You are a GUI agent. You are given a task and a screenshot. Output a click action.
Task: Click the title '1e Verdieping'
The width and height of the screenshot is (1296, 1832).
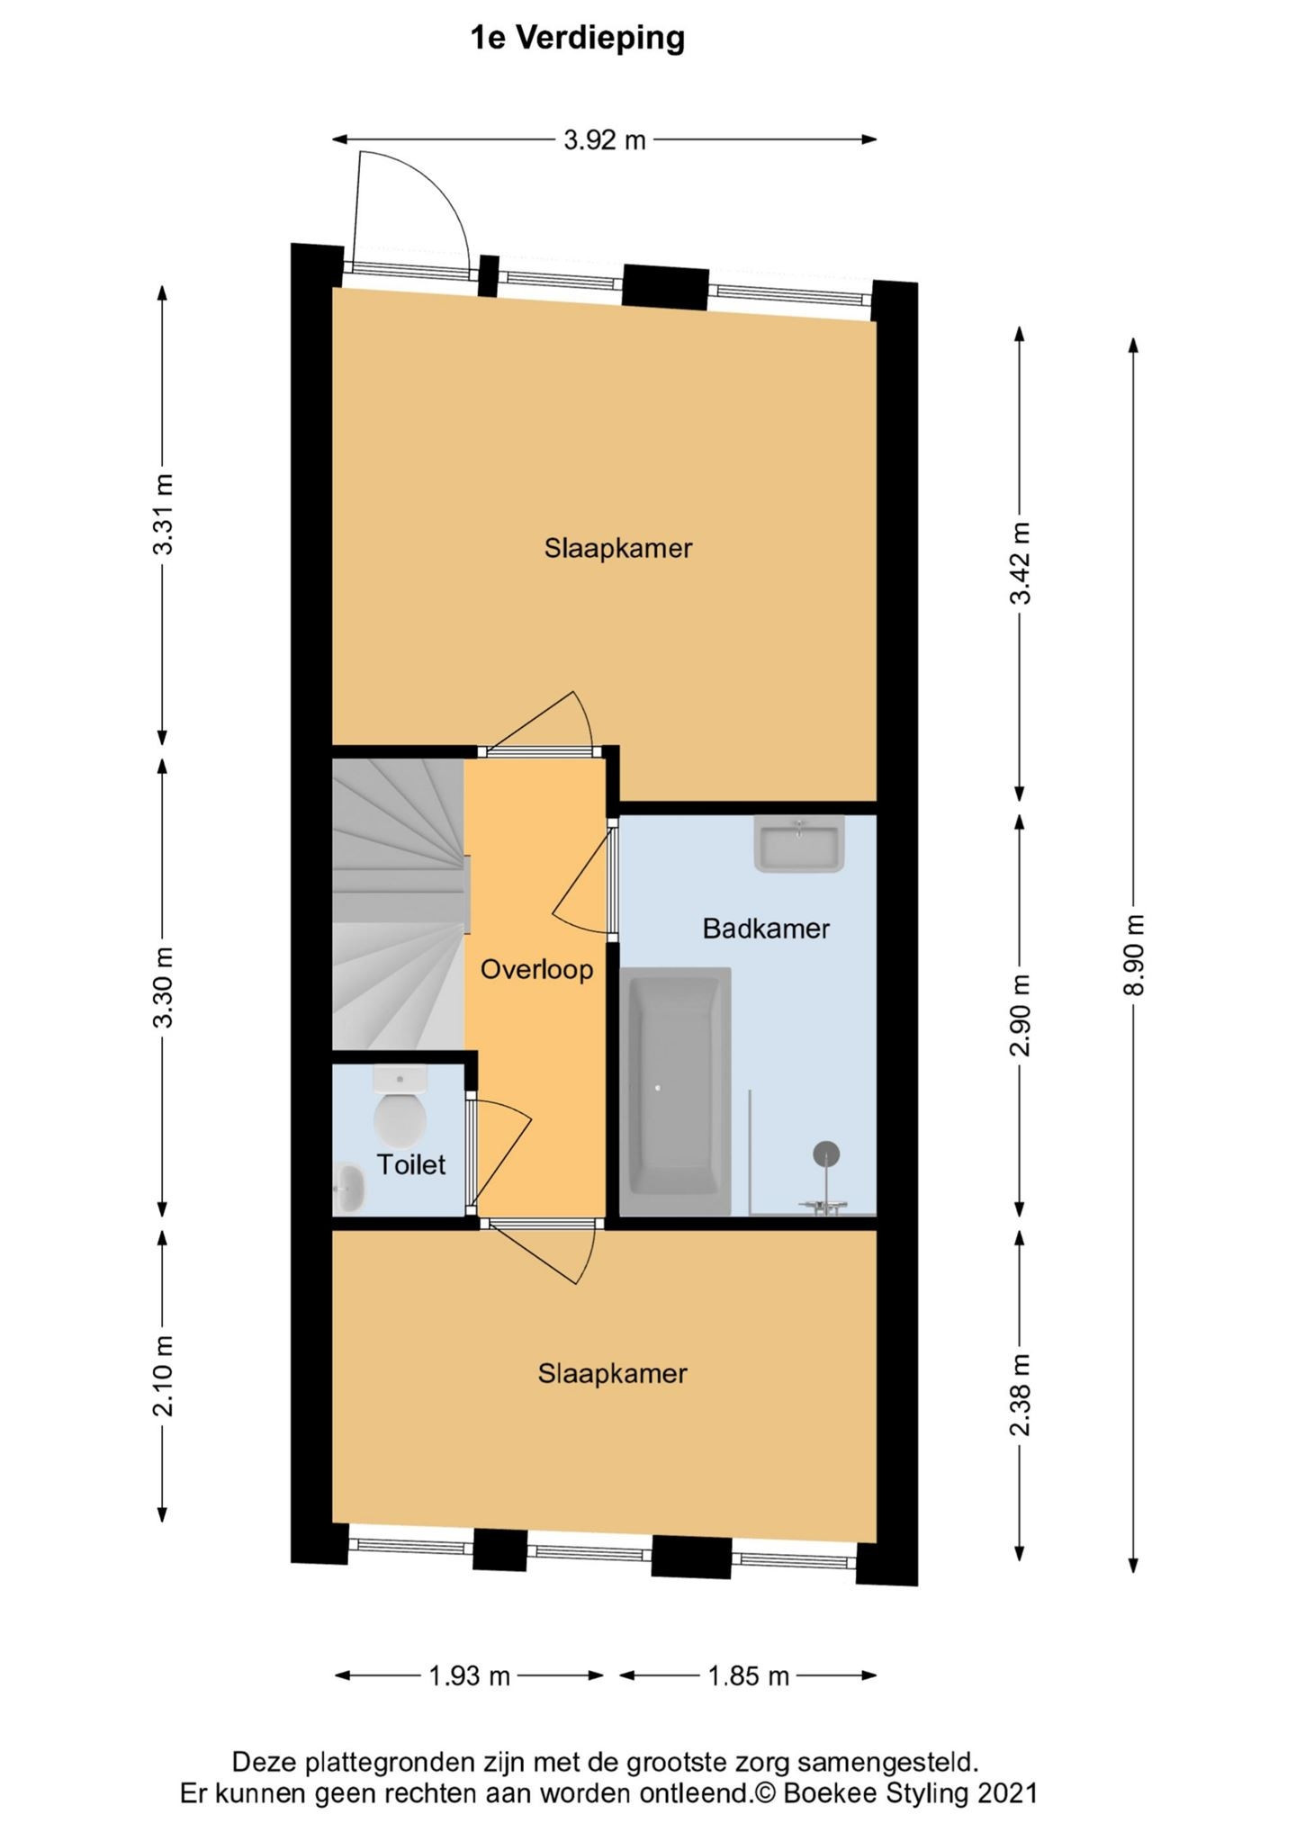(578, 39)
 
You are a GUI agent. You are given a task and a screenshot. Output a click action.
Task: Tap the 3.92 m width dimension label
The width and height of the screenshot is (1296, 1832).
(605, 140)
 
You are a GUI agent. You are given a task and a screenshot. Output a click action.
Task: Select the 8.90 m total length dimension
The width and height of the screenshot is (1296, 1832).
(1136, 955)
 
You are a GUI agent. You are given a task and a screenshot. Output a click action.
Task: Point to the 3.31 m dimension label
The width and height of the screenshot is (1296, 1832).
(163, 514)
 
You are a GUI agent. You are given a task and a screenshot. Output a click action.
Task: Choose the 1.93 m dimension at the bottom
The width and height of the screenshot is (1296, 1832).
(469, 1676)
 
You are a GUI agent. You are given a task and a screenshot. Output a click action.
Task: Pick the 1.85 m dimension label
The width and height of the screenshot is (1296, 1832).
(748, 1676)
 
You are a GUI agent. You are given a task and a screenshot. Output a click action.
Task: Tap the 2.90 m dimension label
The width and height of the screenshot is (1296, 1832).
(1020, 1015)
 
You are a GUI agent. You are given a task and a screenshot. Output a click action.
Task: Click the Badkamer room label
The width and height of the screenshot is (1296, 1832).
(766, 929)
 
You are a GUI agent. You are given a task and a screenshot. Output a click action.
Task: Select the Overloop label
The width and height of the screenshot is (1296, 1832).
(536, 969)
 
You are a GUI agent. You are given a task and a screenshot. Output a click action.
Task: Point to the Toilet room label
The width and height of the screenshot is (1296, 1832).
(411, 1164)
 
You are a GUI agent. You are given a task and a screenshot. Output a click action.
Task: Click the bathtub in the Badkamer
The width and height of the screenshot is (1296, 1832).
(675, 1091)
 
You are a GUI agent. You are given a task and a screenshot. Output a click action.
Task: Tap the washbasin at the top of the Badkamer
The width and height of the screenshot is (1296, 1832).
(799, 844)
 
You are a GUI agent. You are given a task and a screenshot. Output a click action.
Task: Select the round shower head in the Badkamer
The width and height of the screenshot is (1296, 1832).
(826, 1154)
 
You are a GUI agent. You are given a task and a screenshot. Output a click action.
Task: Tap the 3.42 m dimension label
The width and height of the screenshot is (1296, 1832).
(1020, 563)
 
